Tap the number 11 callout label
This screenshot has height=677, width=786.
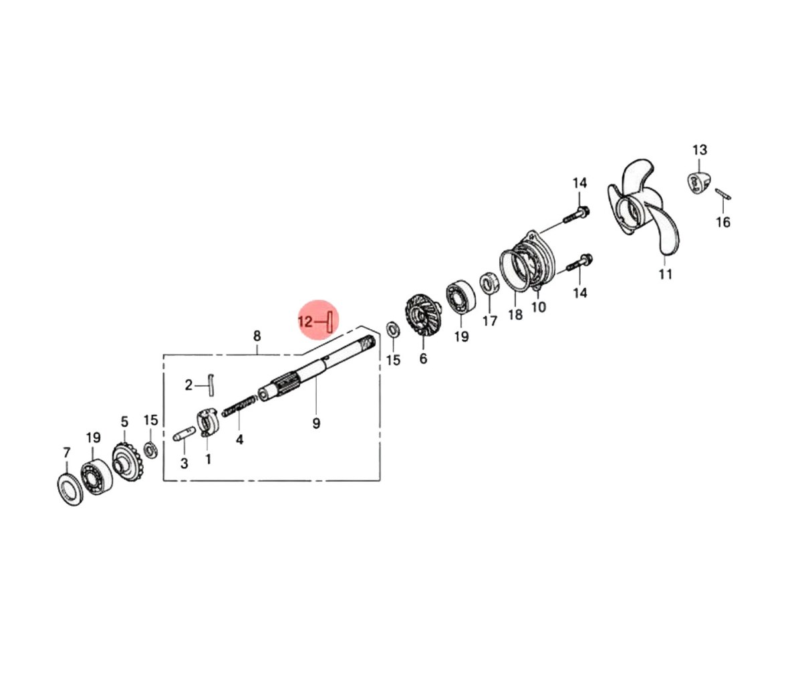click(665, 274)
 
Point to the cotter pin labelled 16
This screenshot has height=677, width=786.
click(723, 194)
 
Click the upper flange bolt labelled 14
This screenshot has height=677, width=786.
click(576, 214)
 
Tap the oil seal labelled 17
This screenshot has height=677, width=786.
click(489, 285)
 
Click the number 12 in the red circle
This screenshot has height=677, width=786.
click(305, 321)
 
